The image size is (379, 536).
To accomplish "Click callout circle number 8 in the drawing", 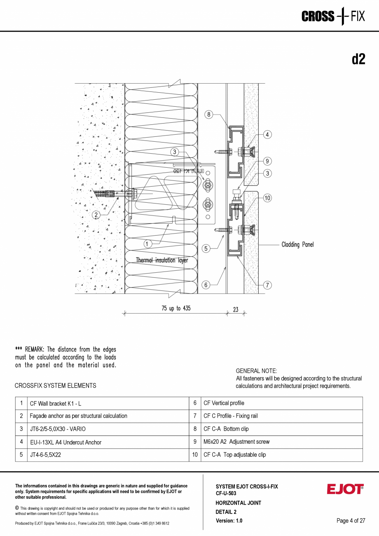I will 209,115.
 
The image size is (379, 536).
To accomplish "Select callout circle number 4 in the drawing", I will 267,134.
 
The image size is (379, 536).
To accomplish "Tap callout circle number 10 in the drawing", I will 267,198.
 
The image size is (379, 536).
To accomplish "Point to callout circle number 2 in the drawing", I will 96,215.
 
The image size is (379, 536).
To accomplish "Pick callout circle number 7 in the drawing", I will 267,285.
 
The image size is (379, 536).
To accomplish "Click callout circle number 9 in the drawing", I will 267,161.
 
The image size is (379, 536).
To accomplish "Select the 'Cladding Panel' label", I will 297,245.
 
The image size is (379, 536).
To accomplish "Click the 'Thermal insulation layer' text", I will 162,260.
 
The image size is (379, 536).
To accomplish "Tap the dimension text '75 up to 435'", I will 176,308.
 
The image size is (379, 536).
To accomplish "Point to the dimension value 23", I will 236,310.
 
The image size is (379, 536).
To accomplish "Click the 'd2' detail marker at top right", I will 358,59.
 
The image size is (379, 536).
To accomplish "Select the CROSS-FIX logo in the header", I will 333,16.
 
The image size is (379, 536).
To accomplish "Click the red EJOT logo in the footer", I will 345,489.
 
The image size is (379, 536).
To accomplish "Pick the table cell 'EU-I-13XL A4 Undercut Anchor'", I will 66,442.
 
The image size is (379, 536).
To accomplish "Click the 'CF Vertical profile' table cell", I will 224,403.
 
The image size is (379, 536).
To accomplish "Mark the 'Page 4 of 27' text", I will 351,521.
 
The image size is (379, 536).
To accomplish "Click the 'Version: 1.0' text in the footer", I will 229,521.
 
